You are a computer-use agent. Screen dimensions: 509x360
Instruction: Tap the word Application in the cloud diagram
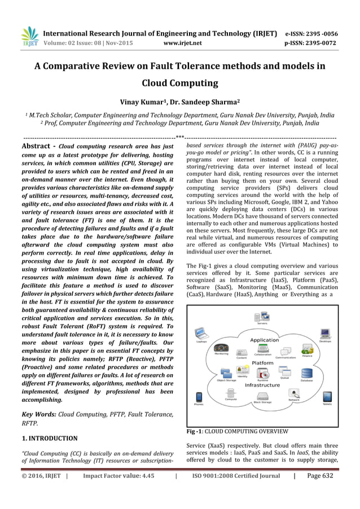265,340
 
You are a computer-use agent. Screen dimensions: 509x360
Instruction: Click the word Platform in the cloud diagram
262,363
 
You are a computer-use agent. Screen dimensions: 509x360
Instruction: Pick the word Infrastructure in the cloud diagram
262,385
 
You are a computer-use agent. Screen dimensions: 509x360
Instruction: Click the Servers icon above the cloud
262,317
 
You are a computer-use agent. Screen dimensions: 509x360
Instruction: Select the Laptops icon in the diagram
201,334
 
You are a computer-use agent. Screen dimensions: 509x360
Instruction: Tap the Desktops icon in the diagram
324,334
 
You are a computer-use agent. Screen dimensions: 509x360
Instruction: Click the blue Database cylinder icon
306,374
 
